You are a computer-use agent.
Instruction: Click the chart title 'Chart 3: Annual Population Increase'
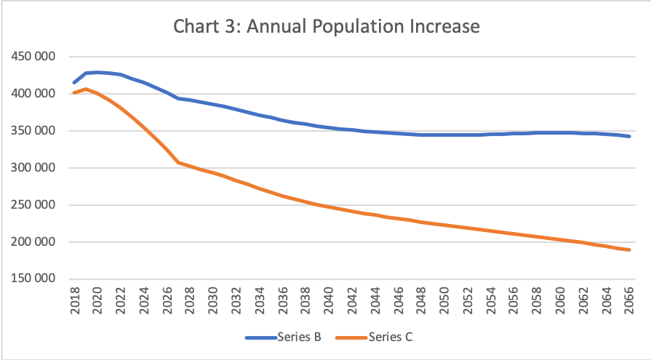pos(327,27)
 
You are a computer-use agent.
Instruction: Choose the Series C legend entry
pos(391,337)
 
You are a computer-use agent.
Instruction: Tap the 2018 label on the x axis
pos(75,301)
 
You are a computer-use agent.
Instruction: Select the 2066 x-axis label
pos(629,301)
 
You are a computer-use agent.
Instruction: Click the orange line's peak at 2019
pos(86,89)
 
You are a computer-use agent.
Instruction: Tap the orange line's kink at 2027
pos(178,162)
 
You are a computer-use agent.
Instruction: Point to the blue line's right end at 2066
pos(629,136)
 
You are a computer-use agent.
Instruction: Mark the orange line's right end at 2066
pos(629,250)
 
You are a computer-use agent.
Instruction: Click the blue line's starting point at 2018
pos(74,83)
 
